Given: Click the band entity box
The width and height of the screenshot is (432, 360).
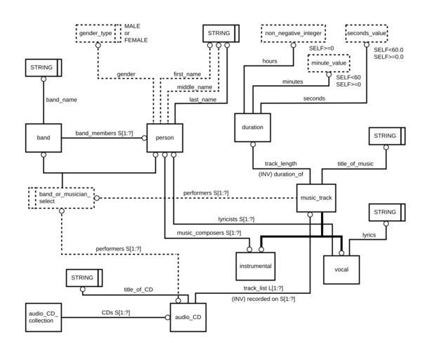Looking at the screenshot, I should (x=44, y=138).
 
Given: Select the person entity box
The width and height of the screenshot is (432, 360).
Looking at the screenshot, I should (x=164, y=138).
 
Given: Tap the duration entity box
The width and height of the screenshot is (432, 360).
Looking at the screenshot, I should (x=252, y=128).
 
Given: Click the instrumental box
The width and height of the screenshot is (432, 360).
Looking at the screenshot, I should (x=254, y=266).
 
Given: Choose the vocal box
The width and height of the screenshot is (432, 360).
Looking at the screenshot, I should (x=341, y=269).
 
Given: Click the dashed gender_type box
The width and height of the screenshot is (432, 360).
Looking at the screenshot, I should (x=96, y=34).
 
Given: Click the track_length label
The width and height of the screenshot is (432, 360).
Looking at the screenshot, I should (x=280, y=163).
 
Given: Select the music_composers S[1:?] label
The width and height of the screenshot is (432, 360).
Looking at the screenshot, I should (x=209, y=233).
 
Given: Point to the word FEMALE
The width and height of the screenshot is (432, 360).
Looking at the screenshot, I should (x=136, y=41).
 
